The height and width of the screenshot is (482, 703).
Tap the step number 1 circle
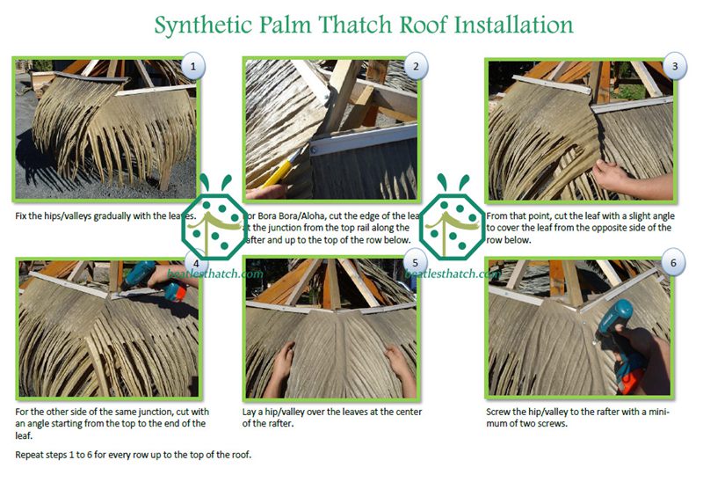192,65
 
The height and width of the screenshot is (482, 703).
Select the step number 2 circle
414,65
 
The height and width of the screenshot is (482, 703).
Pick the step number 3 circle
673,65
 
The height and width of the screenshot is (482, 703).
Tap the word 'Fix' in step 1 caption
22,214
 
